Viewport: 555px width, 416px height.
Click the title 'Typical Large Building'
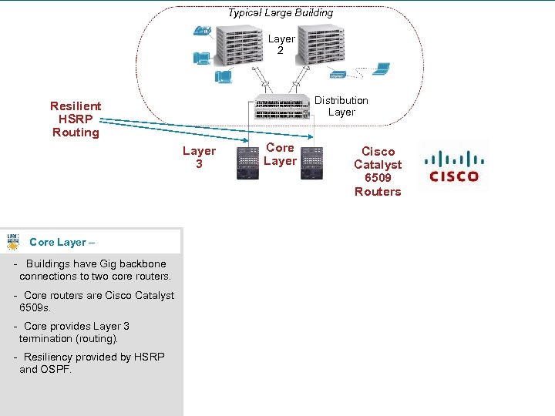point(281,12)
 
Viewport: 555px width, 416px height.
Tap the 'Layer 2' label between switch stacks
point(281,45)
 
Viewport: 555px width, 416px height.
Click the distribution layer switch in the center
point(281,109)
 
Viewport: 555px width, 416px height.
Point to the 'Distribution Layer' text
point(341,106)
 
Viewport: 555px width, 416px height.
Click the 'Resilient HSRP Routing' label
point(76,119)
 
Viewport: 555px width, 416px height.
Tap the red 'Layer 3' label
point(199,157)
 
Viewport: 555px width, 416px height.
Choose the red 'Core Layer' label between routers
point(280,154)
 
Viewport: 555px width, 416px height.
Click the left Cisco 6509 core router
point(248,163)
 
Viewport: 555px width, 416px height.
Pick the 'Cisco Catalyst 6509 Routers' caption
point(378,171)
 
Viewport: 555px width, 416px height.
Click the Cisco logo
point(454,166)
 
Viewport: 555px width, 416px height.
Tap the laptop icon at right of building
point(381,69)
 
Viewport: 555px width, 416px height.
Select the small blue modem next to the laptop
point(338,75)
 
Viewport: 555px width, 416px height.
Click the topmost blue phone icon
point(203,32)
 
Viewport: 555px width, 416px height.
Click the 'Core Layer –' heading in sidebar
point(62,242)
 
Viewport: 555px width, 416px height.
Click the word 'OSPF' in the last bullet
point(56,369)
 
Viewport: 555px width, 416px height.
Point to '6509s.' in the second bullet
point(35,307)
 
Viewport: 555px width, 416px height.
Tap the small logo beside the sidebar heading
point(14,241)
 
